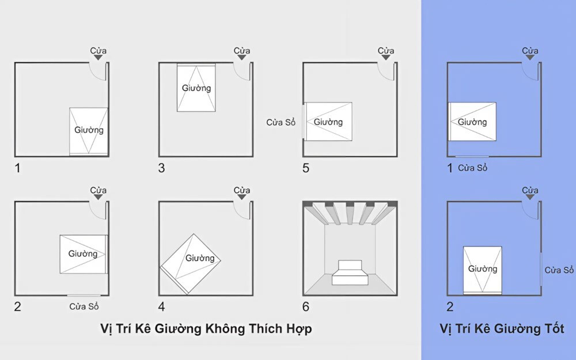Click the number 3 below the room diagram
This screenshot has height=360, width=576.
(x=162, y=168)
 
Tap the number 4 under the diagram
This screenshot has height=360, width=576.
(x=162, y=306)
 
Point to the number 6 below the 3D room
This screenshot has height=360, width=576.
(x=306, y=306)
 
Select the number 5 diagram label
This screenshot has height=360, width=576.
(x=306, y=168)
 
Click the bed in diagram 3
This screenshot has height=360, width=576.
(x=196, y=88)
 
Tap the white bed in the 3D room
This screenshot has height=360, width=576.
(x=350, y=272)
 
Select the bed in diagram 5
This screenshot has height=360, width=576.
(x=328, y=122)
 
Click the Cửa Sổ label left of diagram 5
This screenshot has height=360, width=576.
(x=281, y=122)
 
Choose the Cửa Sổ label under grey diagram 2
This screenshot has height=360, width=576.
(x=84, y=306)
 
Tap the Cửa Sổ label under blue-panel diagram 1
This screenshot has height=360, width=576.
(x=473, y=168)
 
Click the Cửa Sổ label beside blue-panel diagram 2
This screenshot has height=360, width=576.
(x=559, y=270)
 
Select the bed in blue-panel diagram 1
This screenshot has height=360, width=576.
(x=472, y=122)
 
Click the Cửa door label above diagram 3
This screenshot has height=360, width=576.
(x=242, y=51)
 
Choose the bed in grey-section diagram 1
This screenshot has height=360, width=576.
(x=89, y=130)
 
